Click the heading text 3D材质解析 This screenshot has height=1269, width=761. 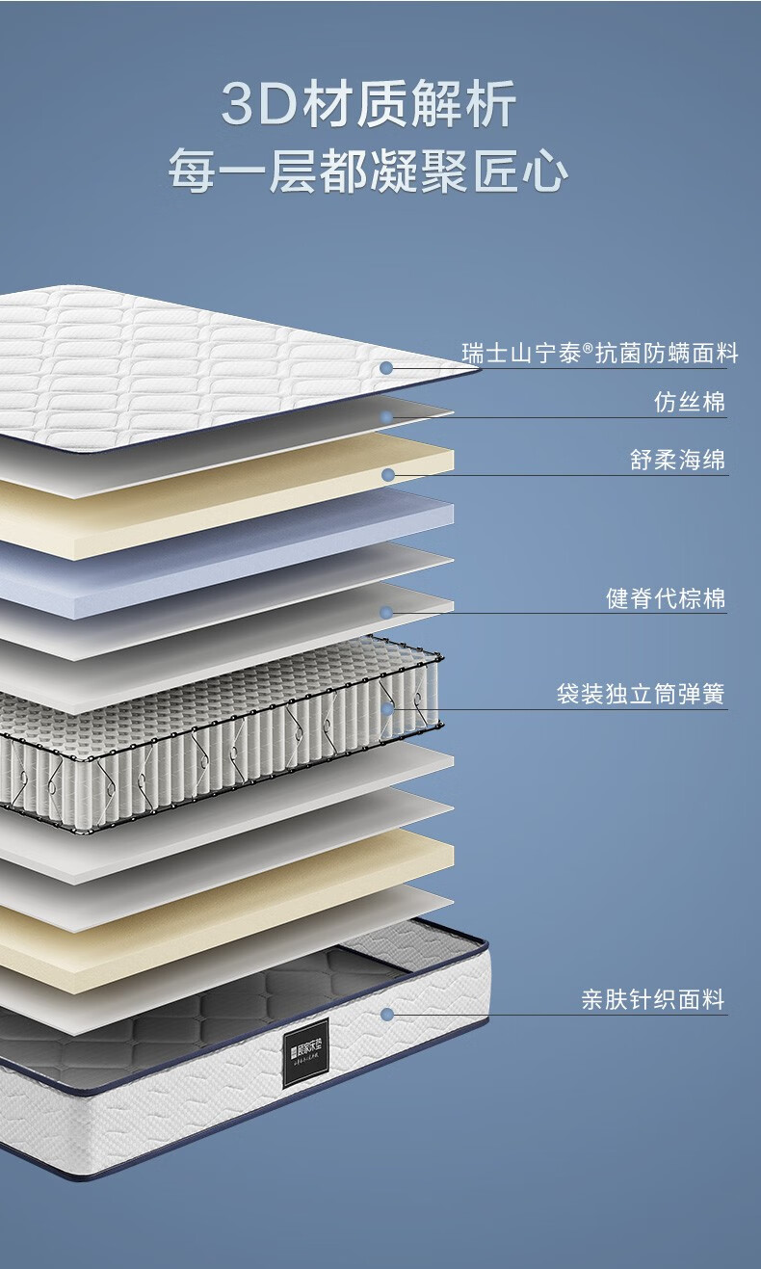click(x=369, y=106)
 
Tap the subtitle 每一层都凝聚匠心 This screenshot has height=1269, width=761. click(x=369, y=172)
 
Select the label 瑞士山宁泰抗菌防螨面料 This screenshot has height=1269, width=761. click(x=599, y=354)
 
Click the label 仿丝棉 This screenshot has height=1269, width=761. click(x=689, y=402)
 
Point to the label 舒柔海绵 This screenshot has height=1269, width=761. click(x=677, y=460)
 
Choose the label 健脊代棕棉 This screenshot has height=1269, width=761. click(x=666, y=598)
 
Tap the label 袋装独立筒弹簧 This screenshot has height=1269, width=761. click(x=641, y=694)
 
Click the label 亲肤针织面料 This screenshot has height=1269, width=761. click(x=652, y=999)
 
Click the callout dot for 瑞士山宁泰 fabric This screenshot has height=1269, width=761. click(x=386, y=368)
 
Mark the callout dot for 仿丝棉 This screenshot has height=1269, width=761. click(x=386, y=417)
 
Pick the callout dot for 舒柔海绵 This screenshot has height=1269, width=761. click(x=387, y=475)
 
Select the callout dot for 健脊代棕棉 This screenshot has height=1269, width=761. click(x=386, y=613)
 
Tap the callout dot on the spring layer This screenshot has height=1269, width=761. click(x=387, y=709)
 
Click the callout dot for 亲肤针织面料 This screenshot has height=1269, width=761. click(x=387, y=1014)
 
